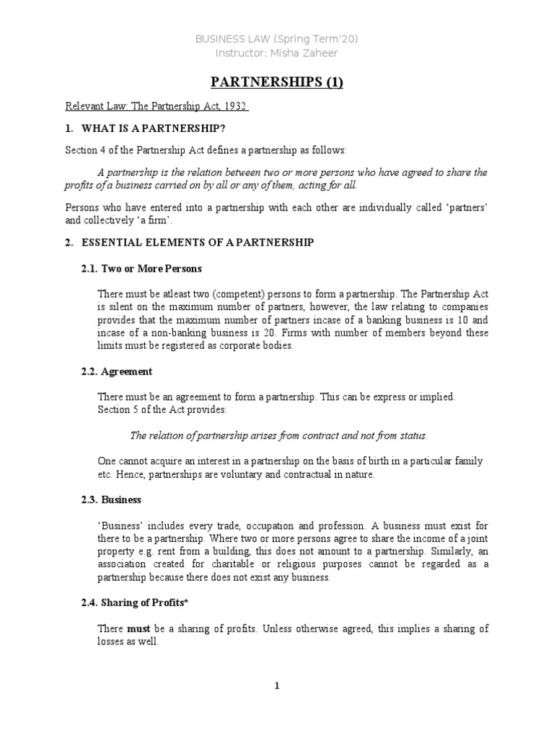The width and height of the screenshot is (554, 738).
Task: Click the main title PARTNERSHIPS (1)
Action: click(x=277, y=82)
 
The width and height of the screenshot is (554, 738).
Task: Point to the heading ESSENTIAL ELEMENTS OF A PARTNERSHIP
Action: click(x=198, y=243)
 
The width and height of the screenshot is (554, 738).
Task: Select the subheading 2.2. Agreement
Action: click(x=126, y=371)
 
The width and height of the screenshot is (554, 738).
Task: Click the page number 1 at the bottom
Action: click(x=277, y=686)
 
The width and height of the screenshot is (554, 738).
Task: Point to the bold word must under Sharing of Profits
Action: click(x=138, y=629)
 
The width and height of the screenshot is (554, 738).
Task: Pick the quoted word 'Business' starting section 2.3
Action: click(x=118, y=525)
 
